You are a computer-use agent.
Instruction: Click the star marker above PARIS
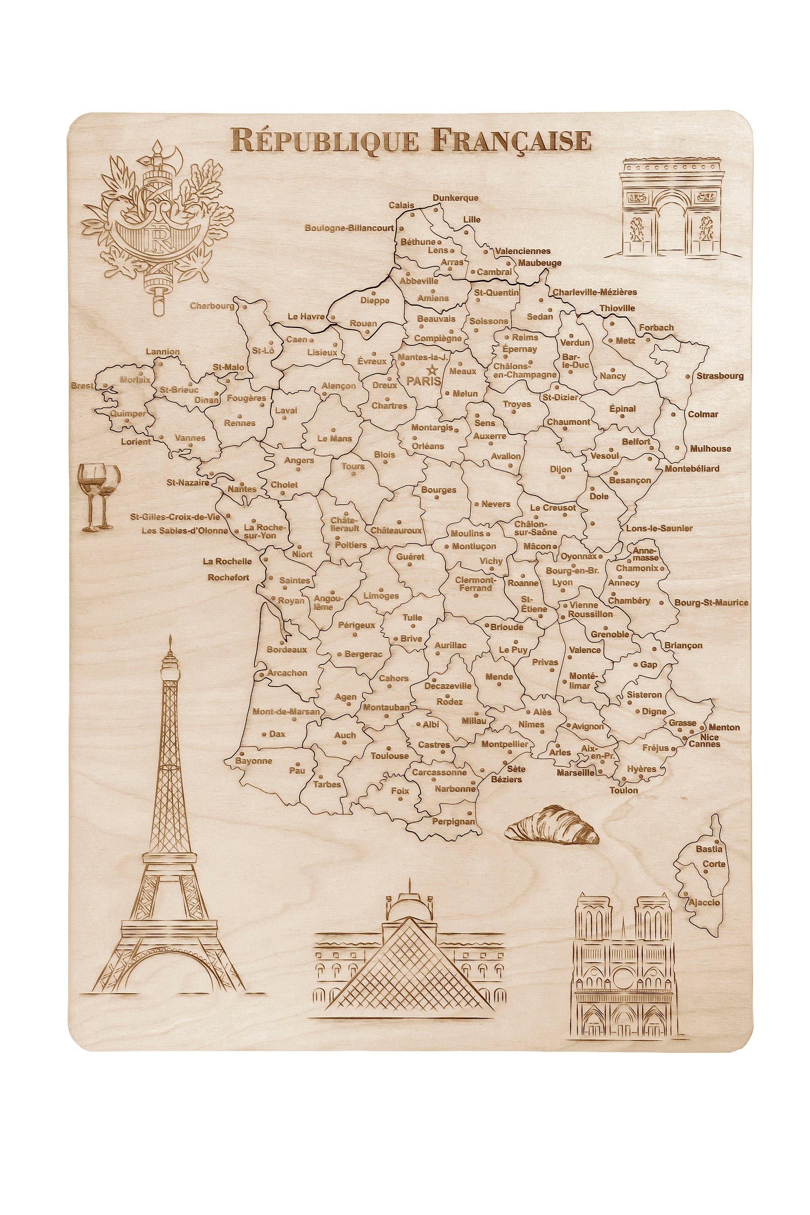432,370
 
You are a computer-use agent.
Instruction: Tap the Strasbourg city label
720,376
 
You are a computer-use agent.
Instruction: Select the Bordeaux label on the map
287,650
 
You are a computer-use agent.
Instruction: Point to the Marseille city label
576,773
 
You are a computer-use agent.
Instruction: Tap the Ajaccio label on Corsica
703,902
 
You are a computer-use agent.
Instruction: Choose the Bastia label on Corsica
709,849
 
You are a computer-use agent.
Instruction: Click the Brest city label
83,386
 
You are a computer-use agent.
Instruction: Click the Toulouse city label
390,756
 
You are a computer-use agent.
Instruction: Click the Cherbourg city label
212,306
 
